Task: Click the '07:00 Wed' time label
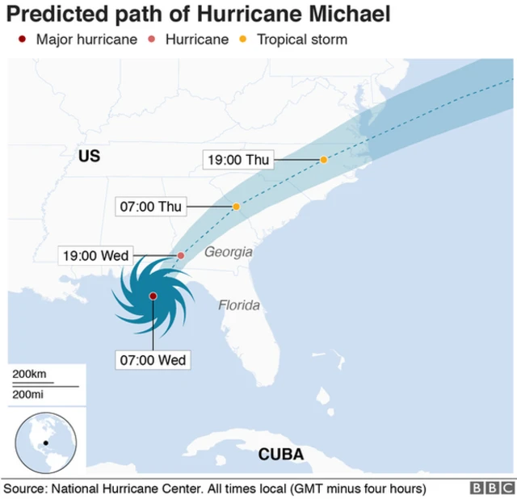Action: [x=153, y=359]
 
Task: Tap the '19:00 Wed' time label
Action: [x=96, y=255]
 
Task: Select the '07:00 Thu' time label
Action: [x=151, y=207]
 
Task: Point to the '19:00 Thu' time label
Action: [x=238, y=160]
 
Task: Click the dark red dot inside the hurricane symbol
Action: [x=153, y=296]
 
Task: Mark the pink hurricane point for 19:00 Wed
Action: [x=181, y=255]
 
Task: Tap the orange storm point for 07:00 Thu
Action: [x=237, y=207]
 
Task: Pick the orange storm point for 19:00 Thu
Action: [x=324, y=160]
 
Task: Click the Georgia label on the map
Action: [x=228, y=252]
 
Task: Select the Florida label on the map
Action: [x=239, y=305]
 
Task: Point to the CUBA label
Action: [x=281, y=455]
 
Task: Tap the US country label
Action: [x=89, y=156]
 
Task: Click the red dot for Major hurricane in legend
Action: [x=23, y=40]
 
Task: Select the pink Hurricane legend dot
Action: [x=153, y=40]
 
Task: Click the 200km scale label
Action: [x=30, y=375]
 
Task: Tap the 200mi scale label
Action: [x=28, y=393]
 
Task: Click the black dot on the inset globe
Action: [x=46, y=442]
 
